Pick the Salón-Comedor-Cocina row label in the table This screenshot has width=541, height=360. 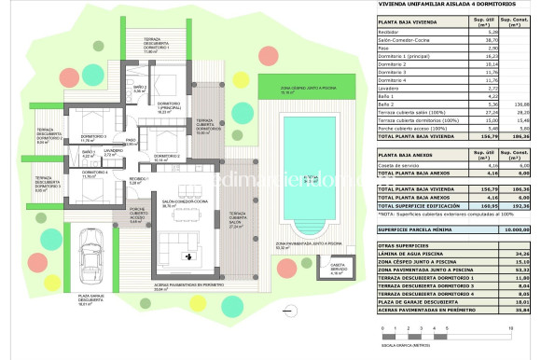[407, 40]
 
